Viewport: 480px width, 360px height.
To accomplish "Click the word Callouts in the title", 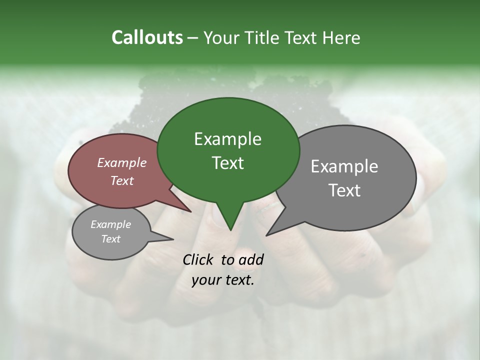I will [147, 37].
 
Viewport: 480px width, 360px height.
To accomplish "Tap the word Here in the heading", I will [340, 38].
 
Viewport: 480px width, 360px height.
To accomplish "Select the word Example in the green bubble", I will [227, 139].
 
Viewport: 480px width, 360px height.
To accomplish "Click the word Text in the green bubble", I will [227, 163].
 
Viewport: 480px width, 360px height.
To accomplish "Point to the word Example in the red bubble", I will [122, 162].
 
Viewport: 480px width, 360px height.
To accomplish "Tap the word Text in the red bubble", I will [122, 180].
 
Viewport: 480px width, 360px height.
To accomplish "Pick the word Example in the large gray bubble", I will [344, 166].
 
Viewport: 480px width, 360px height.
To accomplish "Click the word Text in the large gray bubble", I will [344, 190].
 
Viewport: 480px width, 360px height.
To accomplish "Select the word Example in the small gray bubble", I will [111, 224].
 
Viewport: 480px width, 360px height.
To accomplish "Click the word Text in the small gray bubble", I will [111, 239].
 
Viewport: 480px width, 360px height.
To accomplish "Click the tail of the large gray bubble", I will [272, 230].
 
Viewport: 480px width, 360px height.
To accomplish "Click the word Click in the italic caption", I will [199, 259].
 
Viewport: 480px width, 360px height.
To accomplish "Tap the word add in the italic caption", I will [251, 259].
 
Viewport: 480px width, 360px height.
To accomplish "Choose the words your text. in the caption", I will [223, 280].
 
